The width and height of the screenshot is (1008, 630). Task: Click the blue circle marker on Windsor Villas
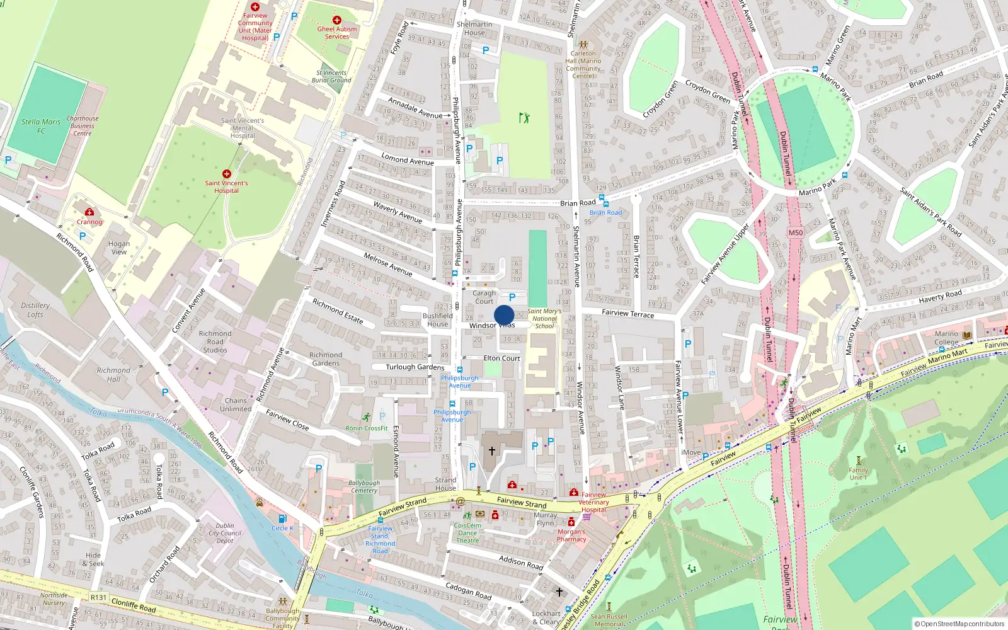(x=504, y=315)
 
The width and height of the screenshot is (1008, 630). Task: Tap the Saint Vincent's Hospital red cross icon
(x=227, y=174)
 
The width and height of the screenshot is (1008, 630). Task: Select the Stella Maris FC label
(x=41, y=126)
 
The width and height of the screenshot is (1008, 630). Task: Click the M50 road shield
(x=796, y=232)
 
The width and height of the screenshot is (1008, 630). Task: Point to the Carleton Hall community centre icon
(x=583, y=45)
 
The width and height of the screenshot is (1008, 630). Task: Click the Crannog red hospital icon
(x=89, y=212)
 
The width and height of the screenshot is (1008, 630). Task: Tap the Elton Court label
(x=501, y=358)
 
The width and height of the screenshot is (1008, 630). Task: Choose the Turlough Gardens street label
(x=415, y=367)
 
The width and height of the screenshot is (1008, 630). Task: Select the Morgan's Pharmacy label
(x=571, y=535)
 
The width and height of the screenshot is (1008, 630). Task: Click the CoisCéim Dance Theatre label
(x=467, y=533)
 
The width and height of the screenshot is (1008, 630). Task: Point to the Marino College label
(x=946, y=338)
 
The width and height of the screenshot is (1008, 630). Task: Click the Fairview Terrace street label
(x=627, y=313)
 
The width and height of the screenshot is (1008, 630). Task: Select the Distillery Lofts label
(x=35, y=309)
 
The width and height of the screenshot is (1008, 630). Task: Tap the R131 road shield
(x=98, y=597)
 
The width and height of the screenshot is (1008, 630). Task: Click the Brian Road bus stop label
(x=605, y=212)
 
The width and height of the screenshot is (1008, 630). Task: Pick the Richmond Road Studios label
(x=215, y=341)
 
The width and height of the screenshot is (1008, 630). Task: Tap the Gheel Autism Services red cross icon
(x=337, y=20)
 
